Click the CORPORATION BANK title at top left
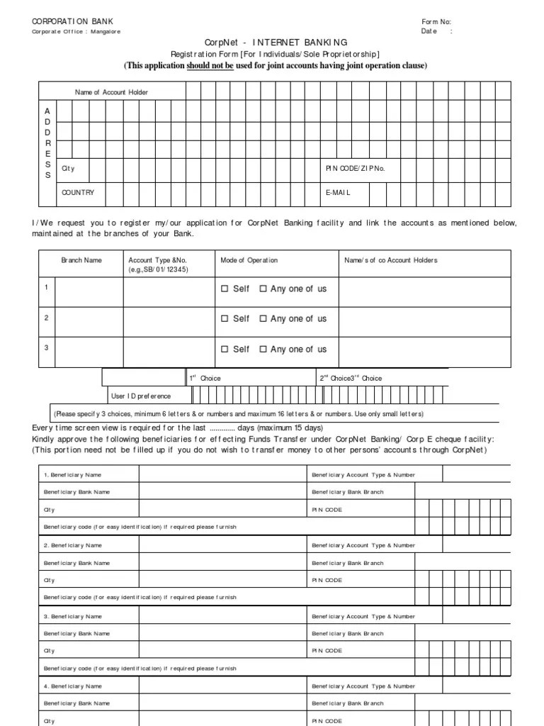pyautogui.click(x=72, y=21)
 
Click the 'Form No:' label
pyautogui.click(x=436, y=22)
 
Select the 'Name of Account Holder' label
pyautogui.click(x=112, y=92)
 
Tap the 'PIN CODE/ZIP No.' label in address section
pyautogui.click(x=355, y=169)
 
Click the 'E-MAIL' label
pyautogui.click(x=338, y=193)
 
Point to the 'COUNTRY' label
pyautogui.click(x=78, y=193)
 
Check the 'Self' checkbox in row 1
pyautogui.click(x=225, y=289)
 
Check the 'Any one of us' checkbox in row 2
pyautogui.click(x=263, y=319)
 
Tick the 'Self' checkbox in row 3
pyautogui.click(x=225, y=350)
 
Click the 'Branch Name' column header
pyautogui.click(x=81, y=260)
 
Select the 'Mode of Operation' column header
pyautogui.click(x=249, y=260)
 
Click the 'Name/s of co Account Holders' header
pyautogui.click(x=391, y=260)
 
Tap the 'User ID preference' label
pyautogui.click(x=141, y=396)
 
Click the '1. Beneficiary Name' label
pyautogui.click(x=73, y=474)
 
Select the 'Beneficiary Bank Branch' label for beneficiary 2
pyautogui.click(x=348, y=563)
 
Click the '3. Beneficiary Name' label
pyautogui.click(x=73, y=616)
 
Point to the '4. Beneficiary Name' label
pyautogui.click(x=73, y=686)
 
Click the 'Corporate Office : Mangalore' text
pyautogui.click(x=76, y=32)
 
